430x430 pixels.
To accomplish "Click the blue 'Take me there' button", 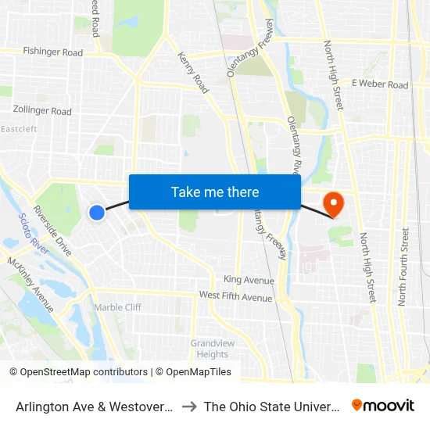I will [x=215, y=192].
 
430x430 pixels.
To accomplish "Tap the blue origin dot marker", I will [x=97, y=212].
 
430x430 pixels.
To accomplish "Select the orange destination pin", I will [x=334, y=204].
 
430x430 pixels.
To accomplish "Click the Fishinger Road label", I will [x=53, y=52].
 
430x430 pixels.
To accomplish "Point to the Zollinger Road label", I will [x=42, y=111].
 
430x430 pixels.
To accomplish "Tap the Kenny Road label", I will [x=193, y=73].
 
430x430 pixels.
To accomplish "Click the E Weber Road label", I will [x=380, y=84].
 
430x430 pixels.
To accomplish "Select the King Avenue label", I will [x=249, y=280].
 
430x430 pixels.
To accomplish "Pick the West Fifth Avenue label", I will [x=235, y=297].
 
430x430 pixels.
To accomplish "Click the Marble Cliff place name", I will [x=117, y=307].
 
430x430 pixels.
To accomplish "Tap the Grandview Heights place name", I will [x=210, y=349].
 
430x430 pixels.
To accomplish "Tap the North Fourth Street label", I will [x=403, y=266].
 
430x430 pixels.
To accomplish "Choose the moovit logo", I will [x=383, y=405].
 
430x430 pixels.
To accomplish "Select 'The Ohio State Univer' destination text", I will [x=271, y=407].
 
